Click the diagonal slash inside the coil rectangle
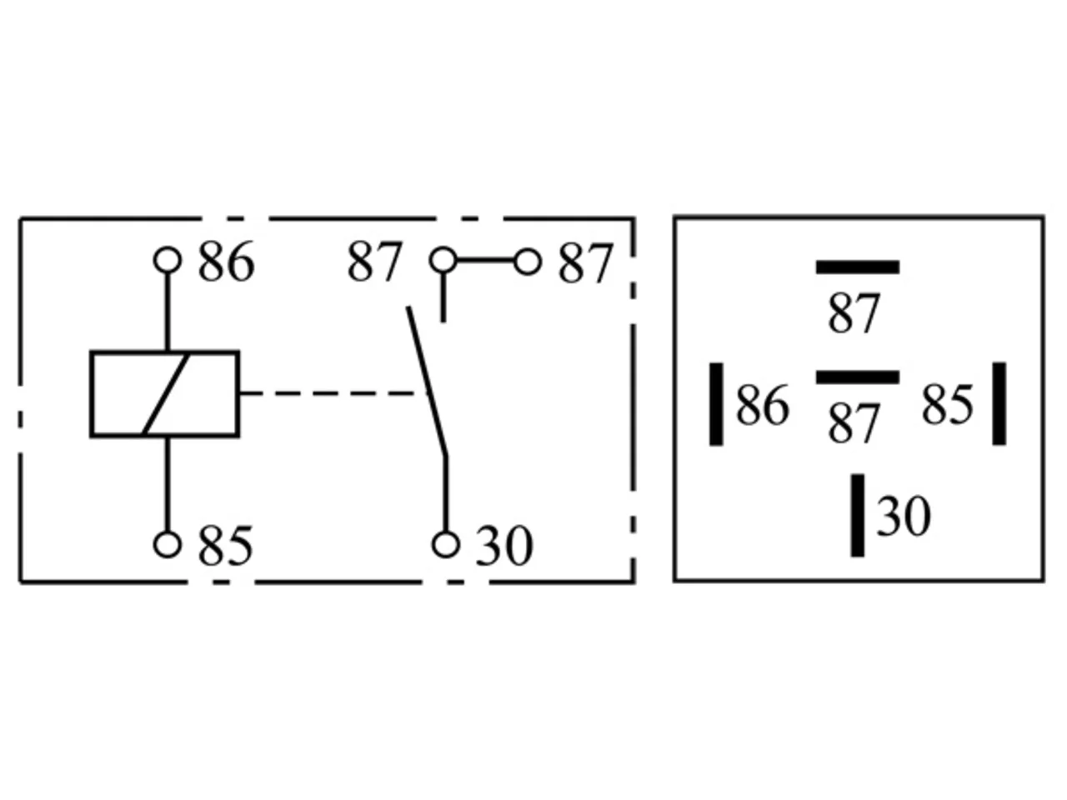pos(165,393)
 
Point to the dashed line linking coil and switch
pos(333,393)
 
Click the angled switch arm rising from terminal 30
pos(428,382)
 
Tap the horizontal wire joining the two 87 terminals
pos(485,261)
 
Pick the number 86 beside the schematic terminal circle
pos(226,262)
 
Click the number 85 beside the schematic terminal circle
pos(226,546)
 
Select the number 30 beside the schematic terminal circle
pos(504,546)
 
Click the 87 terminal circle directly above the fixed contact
pos(443,260)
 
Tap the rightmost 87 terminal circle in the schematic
pos(528,262)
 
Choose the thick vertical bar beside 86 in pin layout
pos(716,403)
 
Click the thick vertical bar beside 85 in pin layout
pos(999,403)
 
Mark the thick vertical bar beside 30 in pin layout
pos(858,515)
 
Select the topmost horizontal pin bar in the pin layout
pos(858,267)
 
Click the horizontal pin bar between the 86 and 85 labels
pos(858,377)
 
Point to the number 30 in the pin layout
pos(903,516)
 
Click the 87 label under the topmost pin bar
pos(854,313)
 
